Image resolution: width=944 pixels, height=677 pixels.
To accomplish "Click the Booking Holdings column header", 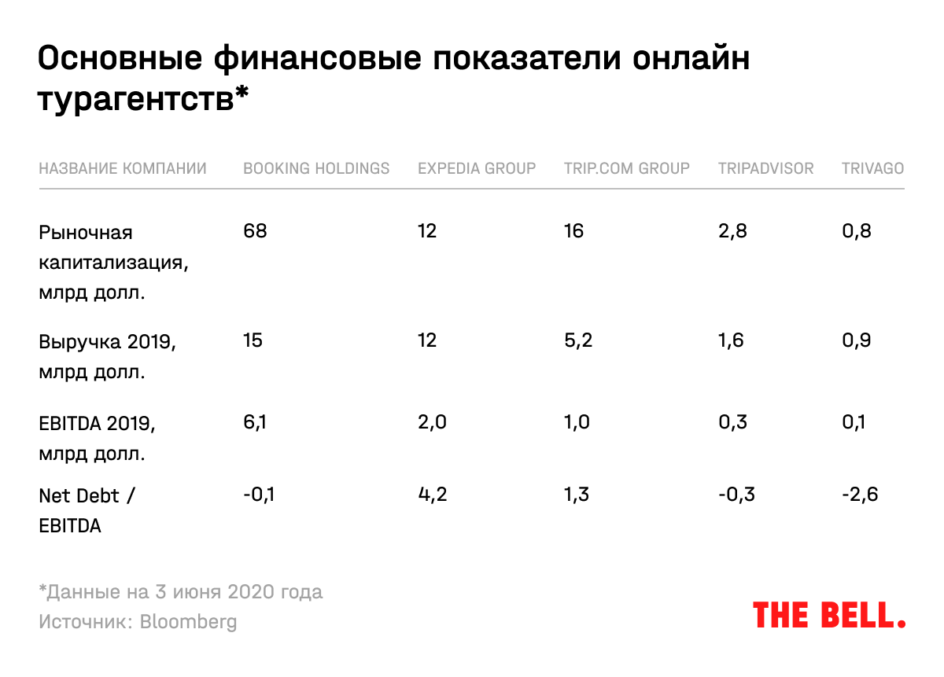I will [316, 168].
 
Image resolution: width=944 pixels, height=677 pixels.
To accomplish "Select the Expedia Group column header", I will [477, 168].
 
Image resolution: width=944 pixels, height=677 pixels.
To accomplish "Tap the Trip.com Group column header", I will [626, 168].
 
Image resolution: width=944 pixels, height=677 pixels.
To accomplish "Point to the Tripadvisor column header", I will [765, 168].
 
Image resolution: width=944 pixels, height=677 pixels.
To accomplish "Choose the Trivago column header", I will [872, 168].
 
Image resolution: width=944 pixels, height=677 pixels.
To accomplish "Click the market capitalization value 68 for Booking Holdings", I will [256, 232].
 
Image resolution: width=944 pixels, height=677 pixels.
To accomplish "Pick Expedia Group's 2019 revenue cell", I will [427, 340].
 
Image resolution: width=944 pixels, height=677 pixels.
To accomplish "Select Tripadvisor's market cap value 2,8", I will [732, 232].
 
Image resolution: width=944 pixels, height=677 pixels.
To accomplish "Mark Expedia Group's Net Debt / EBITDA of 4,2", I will [432, 495].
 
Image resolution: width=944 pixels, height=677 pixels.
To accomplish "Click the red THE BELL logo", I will [829, 615].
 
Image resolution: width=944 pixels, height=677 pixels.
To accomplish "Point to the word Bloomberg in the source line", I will [188, 622].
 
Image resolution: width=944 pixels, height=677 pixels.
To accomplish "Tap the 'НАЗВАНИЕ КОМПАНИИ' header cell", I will [123, 168].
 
